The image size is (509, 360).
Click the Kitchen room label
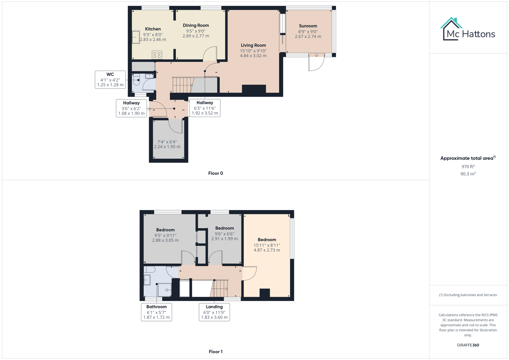[153, 29]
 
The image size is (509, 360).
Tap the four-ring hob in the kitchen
[157, 55]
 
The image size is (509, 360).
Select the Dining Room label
[196, 25]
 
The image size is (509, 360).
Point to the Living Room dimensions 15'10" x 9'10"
[253, 51]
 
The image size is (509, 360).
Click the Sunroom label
[308, 26]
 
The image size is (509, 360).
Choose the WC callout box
[110, 80]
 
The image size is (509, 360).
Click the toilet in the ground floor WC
[136, 80]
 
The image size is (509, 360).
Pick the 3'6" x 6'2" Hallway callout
[131, 108]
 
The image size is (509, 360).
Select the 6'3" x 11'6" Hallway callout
[205, 108]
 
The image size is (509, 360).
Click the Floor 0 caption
[216, 173]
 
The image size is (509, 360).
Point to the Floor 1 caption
[216, 352]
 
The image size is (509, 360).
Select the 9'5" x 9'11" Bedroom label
[165, 230]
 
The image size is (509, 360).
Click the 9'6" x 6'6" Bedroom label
[224, 228]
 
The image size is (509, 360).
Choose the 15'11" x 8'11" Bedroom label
[267, 240]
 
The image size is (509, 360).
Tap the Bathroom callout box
[156, 312]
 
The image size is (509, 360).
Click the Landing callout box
[214, 312]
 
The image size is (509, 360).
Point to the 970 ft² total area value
[468, 167]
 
